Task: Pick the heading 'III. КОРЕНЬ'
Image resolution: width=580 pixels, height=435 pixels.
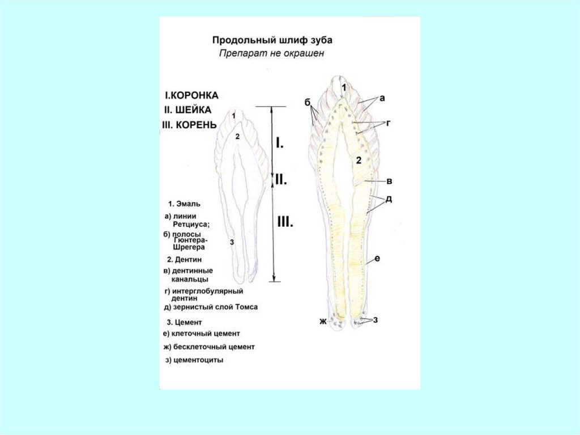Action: tap(189, 124)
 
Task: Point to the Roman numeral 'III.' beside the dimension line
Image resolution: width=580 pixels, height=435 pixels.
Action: tap(284, 222)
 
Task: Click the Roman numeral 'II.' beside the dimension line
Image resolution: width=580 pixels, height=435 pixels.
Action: tap(282, 180)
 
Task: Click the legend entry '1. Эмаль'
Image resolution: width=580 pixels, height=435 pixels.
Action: tap(184, 203)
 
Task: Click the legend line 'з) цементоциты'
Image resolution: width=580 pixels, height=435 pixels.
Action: tap(193, 360)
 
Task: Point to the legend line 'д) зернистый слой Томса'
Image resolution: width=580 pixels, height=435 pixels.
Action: tap(210, 307)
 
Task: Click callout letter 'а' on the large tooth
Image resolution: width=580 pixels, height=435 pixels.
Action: tap(382, 98)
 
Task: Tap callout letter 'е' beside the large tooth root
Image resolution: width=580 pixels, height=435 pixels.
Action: tap(377, 259)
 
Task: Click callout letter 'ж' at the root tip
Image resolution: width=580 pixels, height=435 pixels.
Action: tap(323, 322)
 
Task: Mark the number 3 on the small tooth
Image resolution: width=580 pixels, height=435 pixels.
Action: tap(232, 242)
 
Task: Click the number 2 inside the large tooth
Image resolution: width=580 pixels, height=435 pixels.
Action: tap(359, 160)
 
